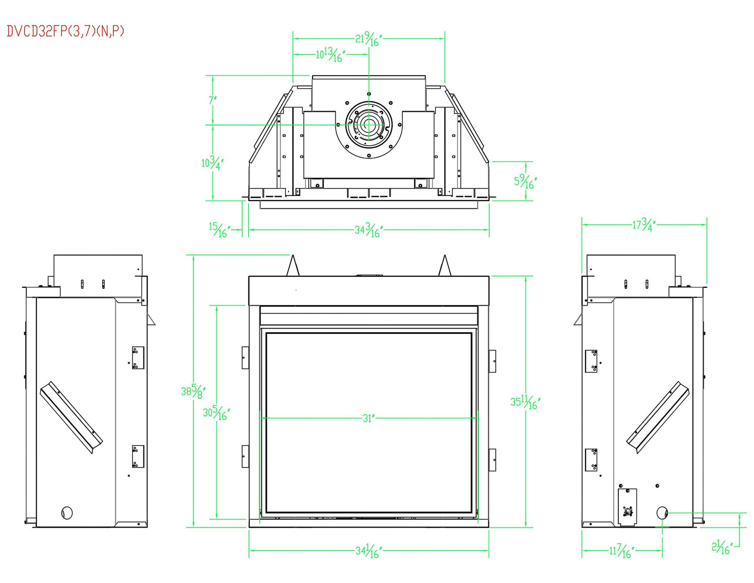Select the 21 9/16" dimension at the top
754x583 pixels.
[369, 39]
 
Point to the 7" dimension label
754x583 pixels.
[212, 100]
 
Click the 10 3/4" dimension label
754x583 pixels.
[212, 163]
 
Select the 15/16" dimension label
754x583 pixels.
[219, 229]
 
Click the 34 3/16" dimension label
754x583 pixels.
[368, 229]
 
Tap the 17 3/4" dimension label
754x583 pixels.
[643, 225]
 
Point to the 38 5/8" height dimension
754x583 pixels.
[193, 391]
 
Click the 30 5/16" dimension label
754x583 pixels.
[216, 413]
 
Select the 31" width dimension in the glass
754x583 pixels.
[369, 418]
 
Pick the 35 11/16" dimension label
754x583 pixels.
[524, 402]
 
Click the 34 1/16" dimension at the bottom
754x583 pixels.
[368, 551]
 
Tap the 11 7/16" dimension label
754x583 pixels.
[621, 551]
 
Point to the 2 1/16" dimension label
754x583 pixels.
[722, 547]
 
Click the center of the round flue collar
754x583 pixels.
[369, 125]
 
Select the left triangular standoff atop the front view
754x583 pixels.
[293, 266]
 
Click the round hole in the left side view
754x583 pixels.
[67, 512]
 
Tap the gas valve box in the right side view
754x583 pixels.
[627, 506]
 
